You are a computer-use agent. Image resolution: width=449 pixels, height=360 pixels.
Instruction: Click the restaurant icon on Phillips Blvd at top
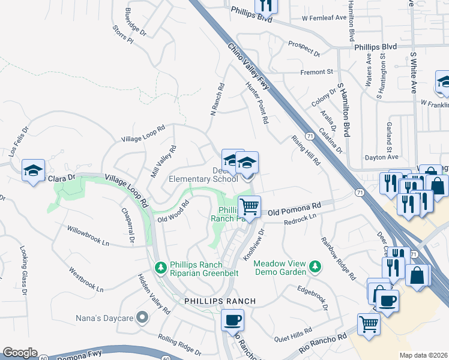pos(265,5)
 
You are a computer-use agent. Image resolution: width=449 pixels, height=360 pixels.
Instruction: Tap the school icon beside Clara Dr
pos(34,170)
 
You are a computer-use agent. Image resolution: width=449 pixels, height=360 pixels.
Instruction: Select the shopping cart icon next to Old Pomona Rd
pos(249,206)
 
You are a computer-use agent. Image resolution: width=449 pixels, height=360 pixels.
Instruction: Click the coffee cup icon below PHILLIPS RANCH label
pos(232,320)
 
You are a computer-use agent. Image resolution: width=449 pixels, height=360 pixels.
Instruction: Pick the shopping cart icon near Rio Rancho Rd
pos(369,324)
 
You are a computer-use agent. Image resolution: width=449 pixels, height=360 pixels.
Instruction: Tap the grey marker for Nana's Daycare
pos(142,316)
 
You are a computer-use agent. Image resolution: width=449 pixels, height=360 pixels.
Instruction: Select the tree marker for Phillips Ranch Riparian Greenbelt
pos(160,267)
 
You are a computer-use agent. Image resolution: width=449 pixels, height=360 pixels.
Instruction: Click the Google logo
pos(20,353)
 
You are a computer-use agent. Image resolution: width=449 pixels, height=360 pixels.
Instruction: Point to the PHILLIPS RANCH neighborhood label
pos(220,301)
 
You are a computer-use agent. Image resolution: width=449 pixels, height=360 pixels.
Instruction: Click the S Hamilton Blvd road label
pos(343,109)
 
